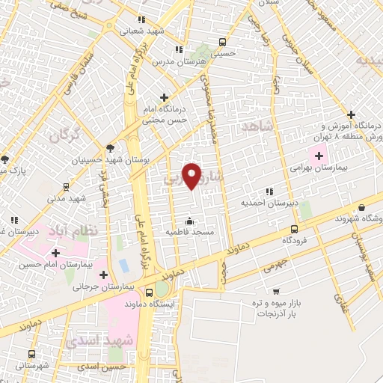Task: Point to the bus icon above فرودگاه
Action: tap(293, 229)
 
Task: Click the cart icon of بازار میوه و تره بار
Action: tap(276, 292)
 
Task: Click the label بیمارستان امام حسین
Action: tap(60, 264)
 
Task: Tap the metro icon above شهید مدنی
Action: tap(66, 187)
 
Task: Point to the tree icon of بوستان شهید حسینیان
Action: tap(110, 149)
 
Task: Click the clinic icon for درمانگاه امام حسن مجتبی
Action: tap(164, 96)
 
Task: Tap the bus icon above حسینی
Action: tap(221, 42)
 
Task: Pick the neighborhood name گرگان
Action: tap(64, 135)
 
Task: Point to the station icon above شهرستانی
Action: tap(31, 354)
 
